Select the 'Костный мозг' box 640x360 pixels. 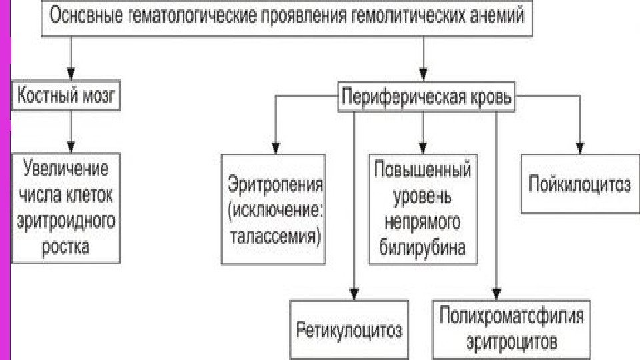(66, 98)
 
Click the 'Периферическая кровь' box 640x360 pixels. (427, 98)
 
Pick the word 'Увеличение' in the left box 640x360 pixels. (66, 167)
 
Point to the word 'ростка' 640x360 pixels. (66, 247)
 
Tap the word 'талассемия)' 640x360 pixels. (275, 236)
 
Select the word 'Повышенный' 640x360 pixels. (423, 170)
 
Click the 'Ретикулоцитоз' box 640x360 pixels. (349, 330)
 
